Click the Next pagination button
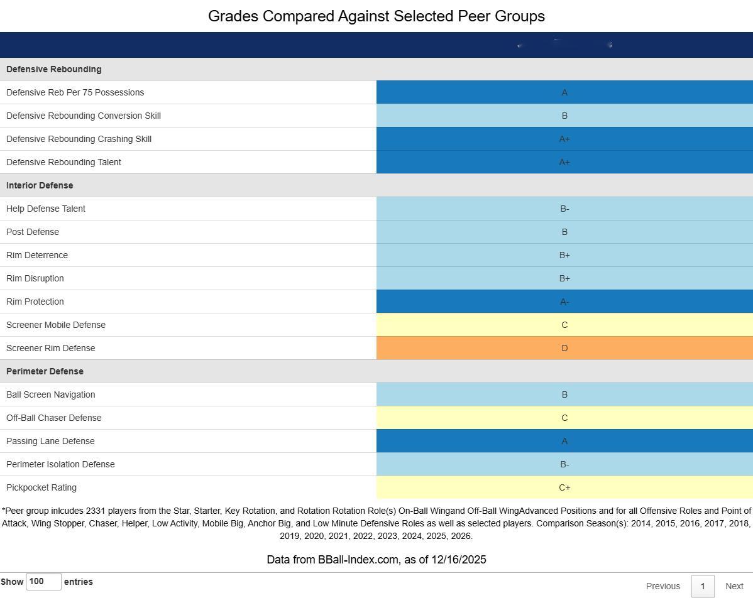click(x=734, y=586)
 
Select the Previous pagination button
click(x=662, y=586)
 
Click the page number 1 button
click(x=702, y=586)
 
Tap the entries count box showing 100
click(x=43, y=582)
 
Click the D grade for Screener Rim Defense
click(x=564, y=348)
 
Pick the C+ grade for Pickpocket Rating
click(x=564, y=487)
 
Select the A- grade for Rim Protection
click(x=564, y=302)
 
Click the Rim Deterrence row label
click(x=37, y=255)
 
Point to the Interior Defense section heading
click(x=40, y=185)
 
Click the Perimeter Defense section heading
click(x=45, y=371)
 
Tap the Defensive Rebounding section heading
click(x=53, y=69)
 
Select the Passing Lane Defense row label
click(x=50, y=441)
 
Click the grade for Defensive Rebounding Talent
click(x=564, y=162)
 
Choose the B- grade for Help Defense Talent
click(x=564, y=209)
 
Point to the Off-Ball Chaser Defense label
click(x=53, y=418)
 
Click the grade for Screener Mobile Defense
click(x=564, y=325)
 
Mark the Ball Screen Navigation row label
click(x=50, y=394)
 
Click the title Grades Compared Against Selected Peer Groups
click(x=376, y=16)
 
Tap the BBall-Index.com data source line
click(x=376, y=560)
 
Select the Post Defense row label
click(x=33, y=232)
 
